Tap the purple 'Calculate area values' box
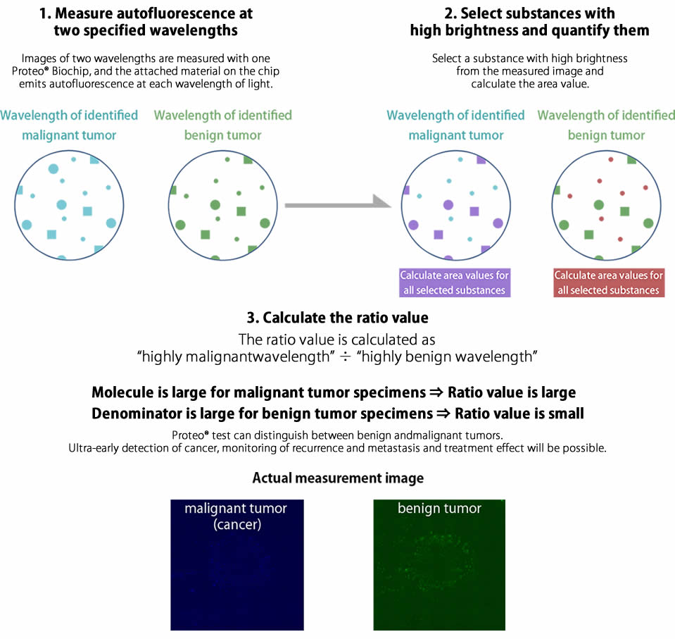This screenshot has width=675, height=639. point(455,283)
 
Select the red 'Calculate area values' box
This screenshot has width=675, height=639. point(609,283)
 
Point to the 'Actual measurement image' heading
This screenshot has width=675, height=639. point(338,478)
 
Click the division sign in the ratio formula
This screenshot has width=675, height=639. point(345,356)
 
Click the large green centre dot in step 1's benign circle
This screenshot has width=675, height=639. point(215,205)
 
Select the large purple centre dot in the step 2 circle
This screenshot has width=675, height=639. point(448,205)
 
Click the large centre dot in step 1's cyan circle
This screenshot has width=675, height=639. point(61,205)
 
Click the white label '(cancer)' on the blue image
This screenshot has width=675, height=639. point(237,526)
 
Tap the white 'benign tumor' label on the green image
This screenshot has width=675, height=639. point(439,509)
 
